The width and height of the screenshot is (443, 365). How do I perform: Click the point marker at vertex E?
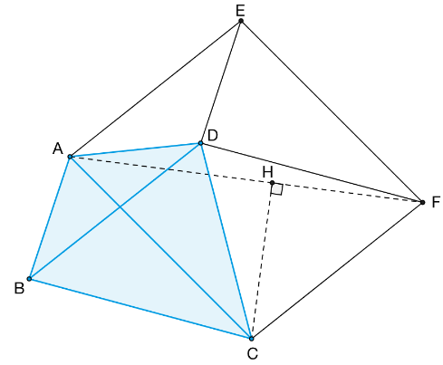click(241, 21)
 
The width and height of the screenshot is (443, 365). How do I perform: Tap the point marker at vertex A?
click(70, 157)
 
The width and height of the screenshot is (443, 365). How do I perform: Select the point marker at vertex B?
click(29, 279)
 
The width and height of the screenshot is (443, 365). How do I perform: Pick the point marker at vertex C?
click(251, 339)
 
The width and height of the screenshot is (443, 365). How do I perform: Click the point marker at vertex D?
click(200, 143)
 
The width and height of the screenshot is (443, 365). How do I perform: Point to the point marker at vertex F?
click(422, 202)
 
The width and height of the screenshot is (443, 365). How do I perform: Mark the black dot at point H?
click(272, 183)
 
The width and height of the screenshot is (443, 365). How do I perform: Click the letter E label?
click(240, 11)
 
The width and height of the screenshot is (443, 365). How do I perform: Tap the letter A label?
click(58, 149)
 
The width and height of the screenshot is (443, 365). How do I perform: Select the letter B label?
click(19, 288)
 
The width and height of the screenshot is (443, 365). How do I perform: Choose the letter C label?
click(253, 353)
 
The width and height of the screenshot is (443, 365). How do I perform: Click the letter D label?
click(213, 136)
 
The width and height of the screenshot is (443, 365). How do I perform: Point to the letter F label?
click(436, 202)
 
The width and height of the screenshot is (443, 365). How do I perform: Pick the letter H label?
click(268, 172)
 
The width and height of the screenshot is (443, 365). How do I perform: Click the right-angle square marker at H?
click(277, 189)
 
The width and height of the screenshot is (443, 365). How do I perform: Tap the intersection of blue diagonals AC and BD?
click(120, 207)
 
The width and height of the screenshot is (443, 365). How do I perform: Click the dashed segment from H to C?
click(262, 261)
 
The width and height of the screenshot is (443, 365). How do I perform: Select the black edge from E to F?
click(332, 111)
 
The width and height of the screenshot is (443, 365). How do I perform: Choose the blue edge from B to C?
click(140, 309)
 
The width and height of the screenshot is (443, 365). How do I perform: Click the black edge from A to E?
click(156, 89)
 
